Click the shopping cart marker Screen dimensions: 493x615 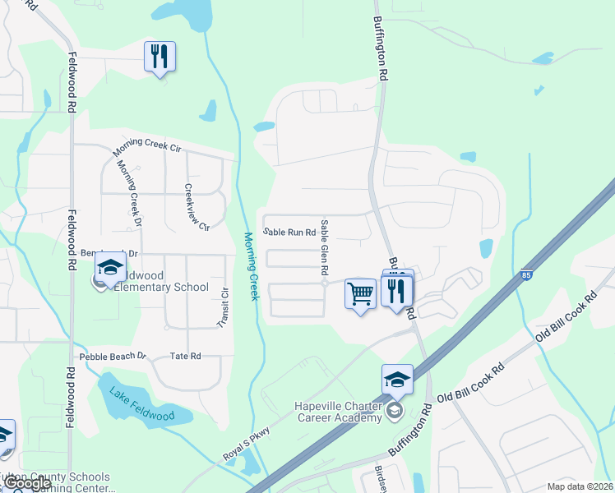pyautogui.click(x=360, y=293)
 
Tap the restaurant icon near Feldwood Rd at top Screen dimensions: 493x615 pyautogui.click(x=160, y=57)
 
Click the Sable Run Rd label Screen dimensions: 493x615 pyautogui.click(x=289, y=233)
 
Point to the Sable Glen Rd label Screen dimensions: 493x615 pyautogui.click(x=326, y=247)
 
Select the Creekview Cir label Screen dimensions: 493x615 pyautogui.click(x=198, y=206)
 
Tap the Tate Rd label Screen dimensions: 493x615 pyautogui.click(x=185, y=357)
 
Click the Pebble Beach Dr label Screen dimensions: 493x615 pyautogui.click(x=113, y=357)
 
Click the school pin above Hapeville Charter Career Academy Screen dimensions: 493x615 pyautogui.click(x=397, y=379)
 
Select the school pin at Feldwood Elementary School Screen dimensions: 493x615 pyautogui.click(x=109, y=268)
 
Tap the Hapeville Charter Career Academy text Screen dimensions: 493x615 pyautogui.click(x=339, y=412)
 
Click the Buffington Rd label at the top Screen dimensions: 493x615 pyautogui.click(x=381, y=48)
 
